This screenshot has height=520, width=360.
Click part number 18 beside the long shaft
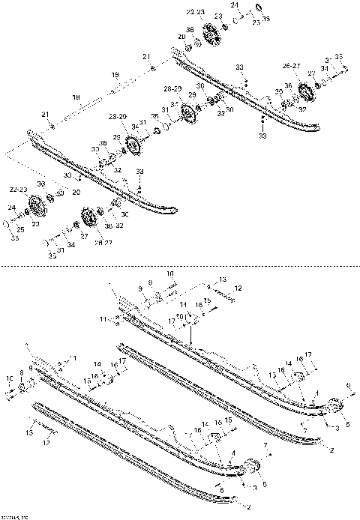click(x=76, y=97)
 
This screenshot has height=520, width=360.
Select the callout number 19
click(x=115, y=74)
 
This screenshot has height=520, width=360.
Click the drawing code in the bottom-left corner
click(x=13, y=516)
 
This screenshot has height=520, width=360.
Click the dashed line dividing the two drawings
click(x=180, y=264)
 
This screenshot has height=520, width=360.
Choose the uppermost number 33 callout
click(x=240, y=67)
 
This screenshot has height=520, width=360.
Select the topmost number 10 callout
click(x=169, y=273)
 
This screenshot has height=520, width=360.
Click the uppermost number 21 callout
click(x=147, y=57)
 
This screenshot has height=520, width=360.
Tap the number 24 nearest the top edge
click(x=235, y=5)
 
